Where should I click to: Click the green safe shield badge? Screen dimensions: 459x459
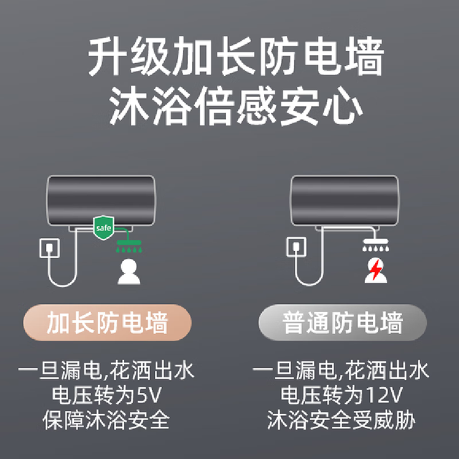(x=103, y=227)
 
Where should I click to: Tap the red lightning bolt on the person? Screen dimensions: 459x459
(x=376, y=270)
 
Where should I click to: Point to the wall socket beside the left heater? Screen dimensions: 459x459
(x=49, y=248)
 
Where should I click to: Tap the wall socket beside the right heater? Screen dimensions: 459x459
(x=296, y=247)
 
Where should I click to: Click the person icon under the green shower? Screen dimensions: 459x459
(x=129, y=272)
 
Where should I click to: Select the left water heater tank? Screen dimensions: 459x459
(x=101, y=201)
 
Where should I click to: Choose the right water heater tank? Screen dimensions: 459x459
(x=344, y=201)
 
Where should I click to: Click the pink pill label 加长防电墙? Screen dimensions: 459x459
(x=108, y=323)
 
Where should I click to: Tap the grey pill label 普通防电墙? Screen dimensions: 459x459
(x=343, y=323)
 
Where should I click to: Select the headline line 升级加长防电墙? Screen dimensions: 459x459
(x=236, y=56)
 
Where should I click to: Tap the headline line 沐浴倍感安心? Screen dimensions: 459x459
(x=236, y=106)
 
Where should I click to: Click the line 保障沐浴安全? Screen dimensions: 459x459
(x=107, y=420)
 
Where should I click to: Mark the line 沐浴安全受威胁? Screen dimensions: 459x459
(x=341, y=420)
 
